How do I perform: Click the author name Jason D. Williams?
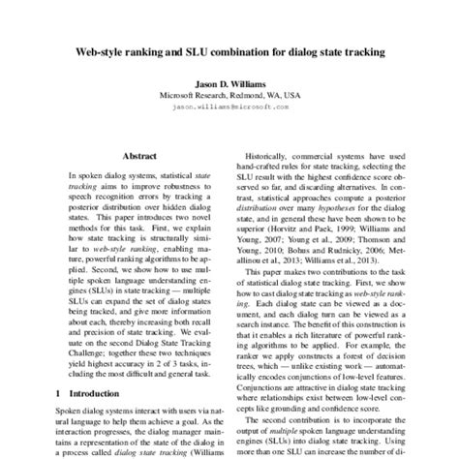tap(229, 84)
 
